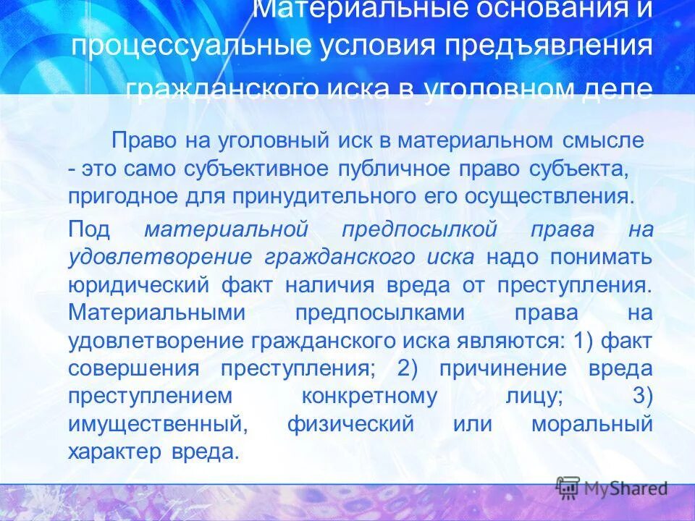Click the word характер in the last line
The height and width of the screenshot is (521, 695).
pyautogui.click(x=116, y=452)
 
